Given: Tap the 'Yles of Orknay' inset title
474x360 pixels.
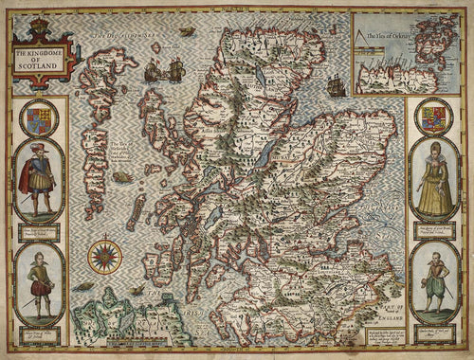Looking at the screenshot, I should click(x=398, y=36).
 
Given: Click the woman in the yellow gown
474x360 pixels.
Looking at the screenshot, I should click(x=434, y=180).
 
